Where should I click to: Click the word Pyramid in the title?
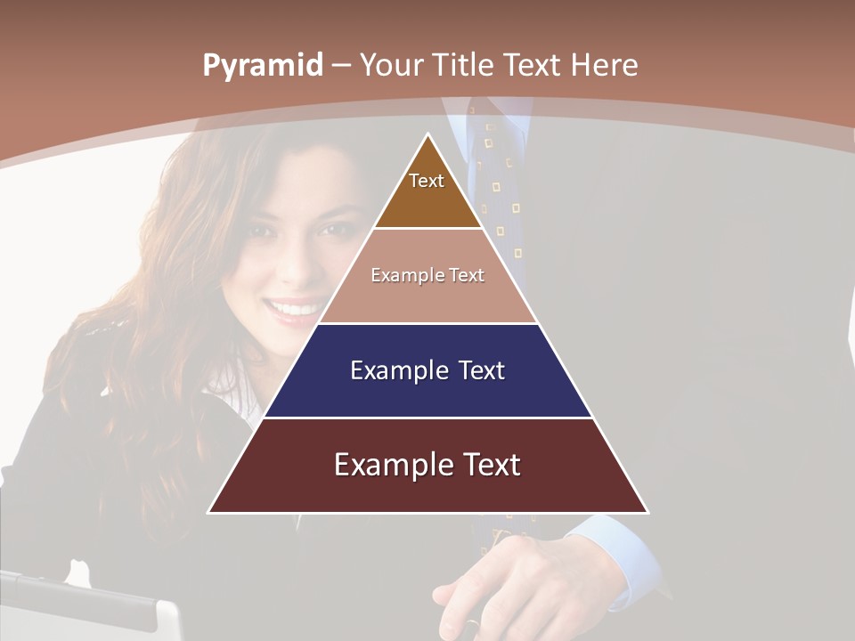coord(263,66)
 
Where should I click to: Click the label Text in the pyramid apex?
coord(427,181)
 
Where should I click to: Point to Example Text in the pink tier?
coord(427,275)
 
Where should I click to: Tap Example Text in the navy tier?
coord(427,370)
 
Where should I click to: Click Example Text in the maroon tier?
coord(427,465)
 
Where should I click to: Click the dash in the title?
coord(341,66)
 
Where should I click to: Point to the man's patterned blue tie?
coord(499,178)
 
